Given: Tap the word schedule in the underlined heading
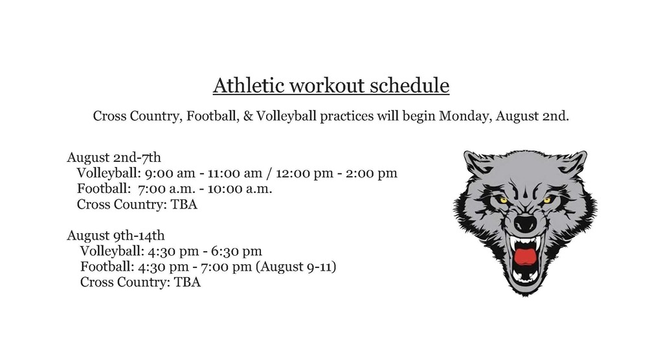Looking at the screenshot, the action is [x=409, y=85].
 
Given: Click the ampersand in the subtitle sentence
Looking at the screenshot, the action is [x=248, y=116].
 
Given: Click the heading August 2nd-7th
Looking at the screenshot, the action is [x=114, y=157].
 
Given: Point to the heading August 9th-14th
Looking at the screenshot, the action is [x=115, y=235].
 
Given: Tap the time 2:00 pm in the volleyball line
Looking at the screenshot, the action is [x=371, y=173].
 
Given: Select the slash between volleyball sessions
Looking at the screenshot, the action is [x=269, y=173].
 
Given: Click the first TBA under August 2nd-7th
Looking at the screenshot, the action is [x=184, y=205].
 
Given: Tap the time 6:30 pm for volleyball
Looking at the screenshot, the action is [x=236, y=251].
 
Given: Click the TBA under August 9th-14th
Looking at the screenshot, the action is [x=187, y=282].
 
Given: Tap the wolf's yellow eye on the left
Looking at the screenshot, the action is [x=502, y=199].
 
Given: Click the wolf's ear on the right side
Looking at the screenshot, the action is [x=572, y=163].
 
